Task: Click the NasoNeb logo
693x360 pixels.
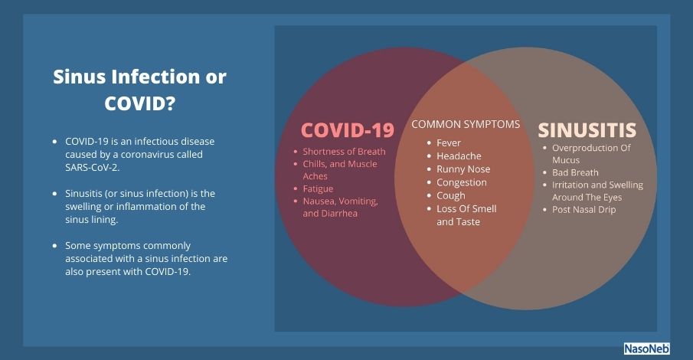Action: pyautogui.click(x=646, y=349)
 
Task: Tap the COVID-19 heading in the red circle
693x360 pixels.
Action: pyautogui.click(x=348, y=130)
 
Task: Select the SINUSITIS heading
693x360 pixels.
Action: pyautogui.click(x=587, y=130)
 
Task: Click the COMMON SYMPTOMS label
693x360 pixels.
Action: pyautogui.click(x=466, y=124)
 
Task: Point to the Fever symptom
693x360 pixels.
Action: pyautogui.click(x=449, y=142)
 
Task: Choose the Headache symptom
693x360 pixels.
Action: pyautogui.click(x=459, y=156)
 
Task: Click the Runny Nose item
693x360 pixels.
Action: pyautogui.click(x=463, y=169)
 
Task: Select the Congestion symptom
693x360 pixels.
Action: pyautogui.click(x=462, y=182)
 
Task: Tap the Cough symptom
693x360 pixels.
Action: pyautogui.click(x=451, y=196)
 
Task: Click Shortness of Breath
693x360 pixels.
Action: pyautogui.click(x=344, y=151)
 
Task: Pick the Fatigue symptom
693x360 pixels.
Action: pyautogui.click(x=318, y=189)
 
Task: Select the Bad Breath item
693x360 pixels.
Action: pyautogui.click(x=575, y=172)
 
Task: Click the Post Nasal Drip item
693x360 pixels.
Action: pyautogui.click(x=583, y=210)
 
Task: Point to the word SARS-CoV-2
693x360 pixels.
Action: pyautogui.click(x=92, y=168)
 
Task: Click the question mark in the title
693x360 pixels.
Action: pyautogui.click(x=170, y=103)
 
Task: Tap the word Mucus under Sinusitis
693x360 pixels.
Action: pyautogui.click(x=566, y=160)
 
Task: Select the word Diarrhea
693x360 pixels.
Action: pyautogui.click(x=339, y=213)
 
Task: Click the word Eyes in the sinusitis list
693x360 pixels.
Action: pyautogui.click(x=612, y=198)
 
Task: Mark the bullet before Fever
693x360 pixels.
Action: pyautogui.click(x=429, y=143)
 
